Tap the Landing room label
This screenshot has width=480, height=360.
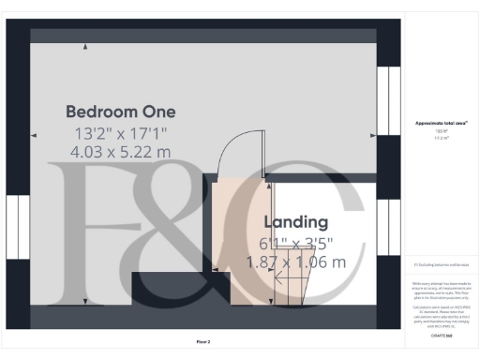[x=296, y=222]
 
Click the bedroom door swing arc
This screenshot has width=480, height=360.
[x=230, y=150]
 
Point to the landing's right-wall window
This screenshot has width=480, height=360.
[x=387, y=228]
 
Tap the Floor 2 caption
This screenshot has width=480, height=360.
[x=202, y=341]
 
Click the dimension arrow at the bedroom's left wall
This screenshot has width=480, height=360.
[x=35, y=135]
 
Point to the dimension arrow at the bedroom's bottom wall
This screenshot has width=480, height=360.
[x=87, y=300]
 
